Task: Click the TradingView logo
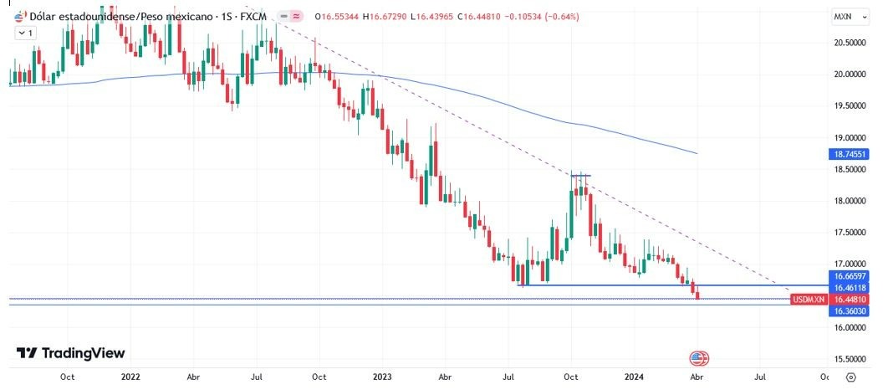[70, 353]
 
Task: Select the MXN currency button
[843, 17]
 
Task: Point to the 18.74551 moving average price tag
[850, 155]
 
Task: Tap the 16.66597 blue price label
[850, 275]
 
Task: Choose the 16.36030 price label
[850, 310]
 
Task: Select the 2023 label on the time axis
[382, 377]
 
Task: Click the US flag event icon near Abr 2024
[698, 358]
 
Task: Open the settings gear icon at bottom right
[850, 377]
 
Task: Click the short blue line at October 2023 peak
[581, 175]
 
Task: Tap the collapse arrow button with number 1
[25, 33]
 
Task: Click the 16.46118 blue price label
[850, 287]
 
